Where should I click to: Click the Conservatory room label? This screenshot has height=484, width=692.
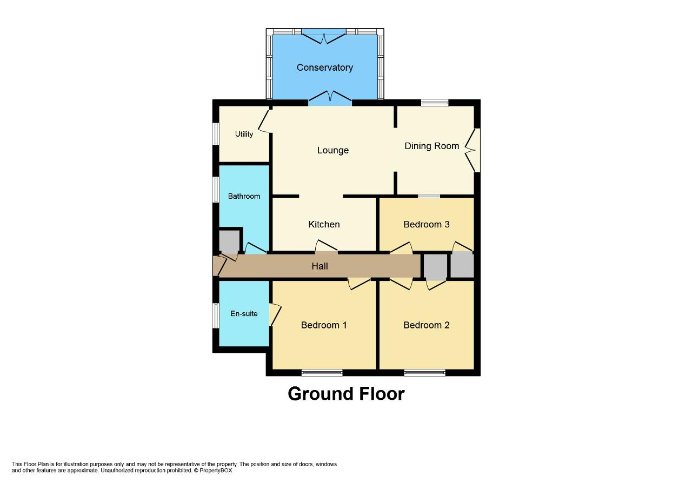(324, 68)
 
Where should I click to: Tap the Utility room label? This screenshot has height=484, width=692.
(244, 134)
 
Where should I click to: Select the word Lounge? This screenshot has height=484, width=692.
(332, 150)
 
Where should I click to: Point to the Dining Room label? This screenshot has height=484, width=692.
(431, 146)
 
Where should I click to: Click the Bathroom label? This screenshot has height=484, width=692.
(244, 196)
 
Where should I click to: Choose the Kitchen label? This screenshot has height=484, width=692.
(324, 224)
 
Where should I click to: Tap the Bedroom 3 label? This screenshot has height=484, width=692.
(426, 224)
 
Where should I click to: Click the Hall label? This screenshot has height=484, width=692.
(320, 266)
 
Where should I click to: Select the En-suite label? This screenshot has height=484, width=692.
(244, 313)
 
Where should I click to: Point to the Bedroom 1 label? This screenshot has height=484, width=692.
(324, 325)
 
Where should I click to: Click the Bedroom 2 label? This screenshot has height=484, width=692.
(426, 325)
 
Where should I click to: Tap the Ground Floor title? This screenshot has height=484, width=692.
(346, 394)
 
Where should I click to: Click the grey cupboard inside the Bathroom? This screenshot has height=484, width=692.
(229, 241)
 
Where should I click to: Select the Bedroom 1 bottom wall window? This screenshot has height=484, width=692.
(322, 372)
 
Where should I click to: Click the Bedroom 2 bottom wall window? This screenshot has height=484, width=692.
(424, 372)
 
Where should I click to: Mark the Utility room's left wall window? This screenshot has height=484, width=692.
(216, 133)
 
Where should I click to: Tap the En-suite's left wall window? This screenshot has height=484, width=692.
(216, 315)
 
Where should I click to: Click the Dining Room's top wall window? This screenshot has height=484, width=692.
(435, 103)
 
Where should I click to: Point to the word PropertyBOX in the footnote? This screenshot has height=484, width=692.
(216, 470)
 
